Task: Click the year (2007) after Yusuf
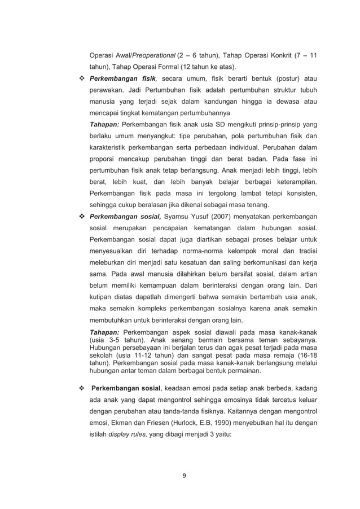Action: [219, 217]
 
